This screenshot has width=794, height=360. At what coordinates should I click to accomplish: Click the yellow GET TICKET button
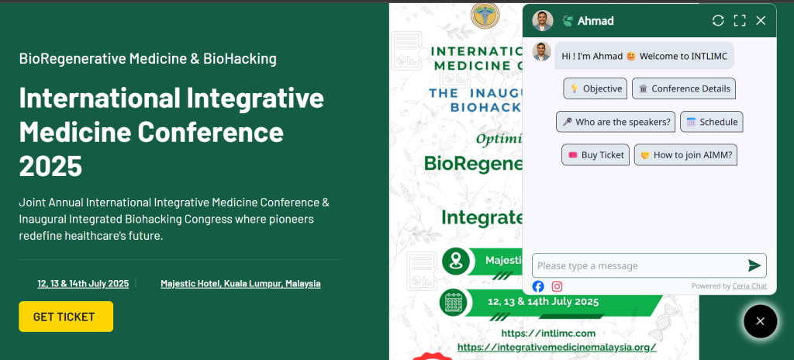66,317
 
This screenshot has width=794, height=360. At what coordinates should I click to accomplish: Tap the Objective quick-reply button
595,88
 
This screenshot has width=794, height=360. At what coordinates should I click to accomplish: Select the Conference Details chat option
683,88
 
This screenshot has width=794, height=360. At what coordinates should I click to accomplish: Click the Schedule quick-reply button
711,122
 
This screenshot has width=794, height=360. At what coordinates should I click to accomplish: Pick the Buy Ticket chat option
595,155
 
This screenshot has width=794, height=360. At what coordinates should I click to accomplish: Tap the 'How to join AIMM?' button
685,155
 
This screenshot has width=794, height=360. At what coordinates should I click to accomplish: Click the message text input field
640,265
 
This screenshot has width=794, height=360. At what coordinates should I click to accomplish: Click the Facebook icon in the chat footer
538,286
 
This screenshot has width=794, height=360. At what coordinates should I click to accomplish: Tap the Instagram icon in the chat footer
557,286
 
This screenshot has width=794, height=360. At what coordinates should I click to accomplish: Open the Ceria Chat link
749,286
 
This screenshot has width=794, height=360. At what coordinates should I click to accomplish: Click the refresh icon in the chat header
718,21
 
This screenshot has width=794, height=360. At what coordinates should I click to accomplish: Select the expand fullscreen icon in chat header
740,21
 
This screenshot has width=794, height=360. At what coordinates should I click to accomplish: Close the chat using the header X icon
761,21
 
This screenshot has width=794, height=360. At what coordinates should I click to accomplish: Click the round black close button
760,321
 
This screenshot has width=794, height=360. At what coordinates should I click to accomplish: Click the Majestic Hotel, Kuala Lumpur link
240,284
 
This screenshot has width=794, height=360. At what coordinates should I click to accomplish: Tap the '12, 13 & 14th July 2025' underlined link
83,284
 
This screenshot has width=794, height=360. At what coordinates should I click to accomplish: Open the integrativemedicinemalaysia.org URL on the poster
557,347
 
